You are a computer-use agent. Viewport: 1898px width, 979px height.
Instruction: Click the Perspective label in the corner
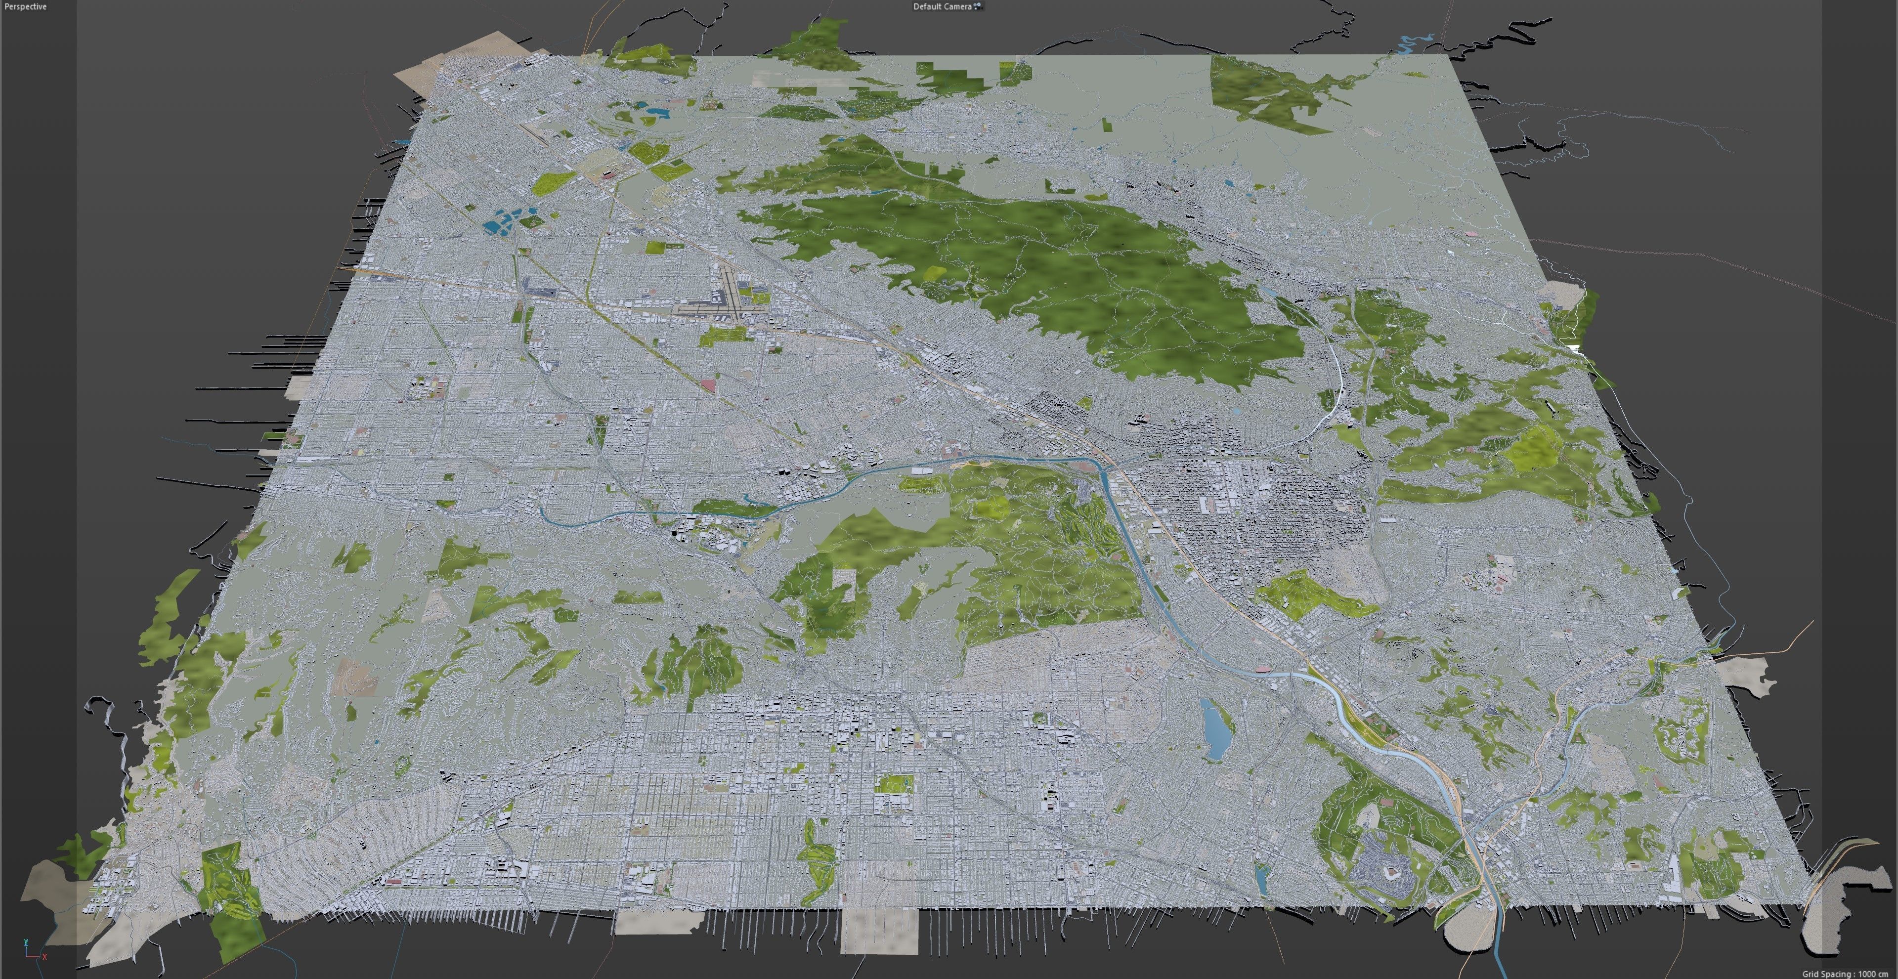click(x=25, y=6)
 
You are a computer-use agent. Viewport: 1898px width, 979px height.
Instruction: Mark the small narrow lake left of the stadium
click(x=1261, y=877)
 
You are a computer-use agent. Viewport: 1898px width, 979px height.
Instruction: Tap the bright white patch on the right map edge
click(x=1575, y=348)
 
